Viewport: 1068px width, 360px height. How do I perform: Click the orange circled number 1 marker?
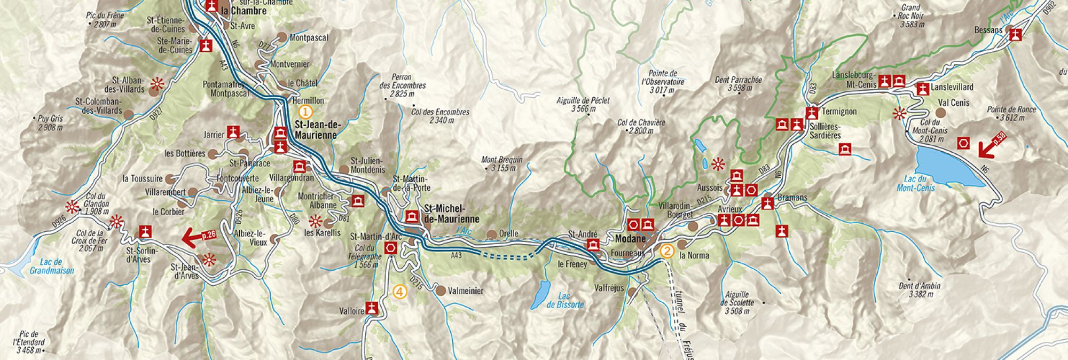(305, 112)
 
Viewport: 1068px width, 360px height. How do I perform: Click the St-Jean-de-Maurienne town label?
(317, 130)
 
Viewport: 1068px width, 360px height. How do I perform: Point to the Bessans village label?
(988, 30)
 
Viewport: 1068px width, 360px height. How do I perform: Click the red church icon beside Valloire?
(373, 309)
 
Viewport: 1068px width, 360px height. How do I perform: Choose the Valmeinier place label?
(466, 291)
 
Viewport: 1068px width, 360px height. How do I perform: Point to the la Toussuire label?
(142, 178)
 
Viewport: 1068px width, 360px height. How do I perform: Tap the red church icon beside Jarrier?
(233, 132)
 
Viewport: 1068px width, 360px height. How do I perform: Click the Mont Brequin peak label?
(501, 163)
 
